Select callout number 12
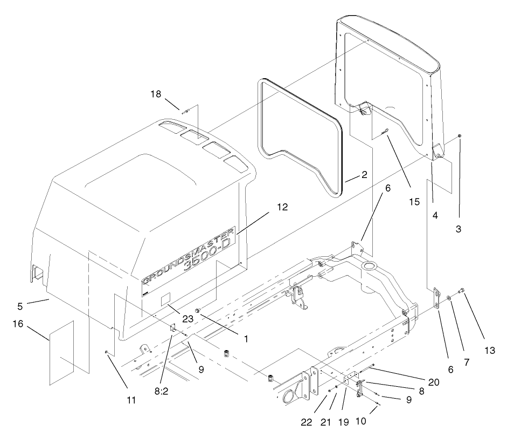(x=283, y=207)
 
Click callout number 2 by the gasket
(x=364, y=175)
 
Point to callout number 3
(x=459, y=229)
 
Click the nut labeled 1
(x=198, y=311)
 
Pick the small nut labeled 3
(x=459, y=136)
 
